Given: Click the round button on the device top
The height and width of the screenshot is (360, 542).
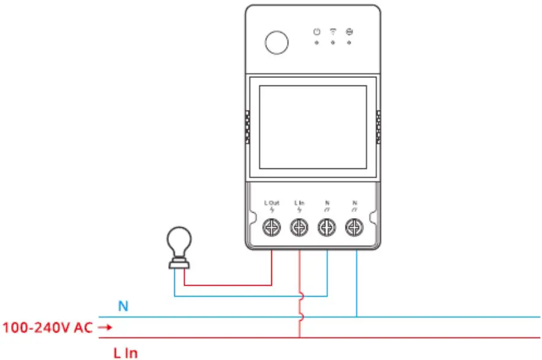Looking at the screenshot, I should [276, 42].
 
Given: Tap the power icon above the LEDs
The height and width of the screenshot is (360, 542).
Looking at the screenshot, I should [317, 31].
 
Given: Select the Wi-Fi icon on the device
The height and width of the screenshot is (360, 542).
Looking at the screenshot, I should [333, 31].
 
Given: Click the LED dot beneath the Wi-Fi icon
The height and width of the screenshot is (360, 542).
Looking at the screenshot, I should [333, 42].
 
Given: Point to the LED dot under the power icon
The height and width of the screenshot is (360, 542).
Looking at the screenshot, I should [317, 42].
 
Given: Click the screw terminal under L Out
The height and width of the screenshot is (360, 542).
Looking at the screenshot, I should [273, 228].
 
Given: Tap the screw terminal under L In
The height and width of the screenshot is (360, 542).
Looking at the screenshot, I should [299, 228].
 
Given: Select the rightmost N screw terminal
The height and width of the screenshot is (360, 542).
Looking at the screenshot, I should [354, 228].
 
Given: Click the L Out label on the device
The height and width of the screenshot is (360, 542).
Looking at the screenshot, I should [272, 203].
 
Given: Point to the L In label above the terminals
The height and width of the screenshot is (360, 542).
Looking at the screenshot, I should [299, 203].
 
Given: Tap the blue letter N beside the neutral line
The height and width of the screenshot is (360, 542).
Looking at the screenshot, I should [123, 306].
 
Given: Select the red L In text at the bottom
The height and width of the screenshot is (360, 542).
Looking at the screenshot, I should [125, 353].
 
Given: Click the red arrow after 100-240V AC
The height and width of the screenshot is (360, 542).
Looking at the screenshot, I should [105, 328].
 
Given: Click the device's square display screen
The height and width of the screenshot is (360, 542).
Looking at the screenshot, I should [313, 127].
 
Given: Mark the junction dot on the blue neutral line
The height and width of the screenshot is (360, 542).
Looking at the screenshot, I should [357, 317].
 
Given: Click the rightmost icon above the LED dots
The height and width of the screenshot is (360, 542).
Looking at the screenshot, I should [349, 31].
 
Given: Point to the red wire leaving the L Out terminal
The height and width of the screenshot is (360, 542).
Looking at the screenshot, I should [272, 267].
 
